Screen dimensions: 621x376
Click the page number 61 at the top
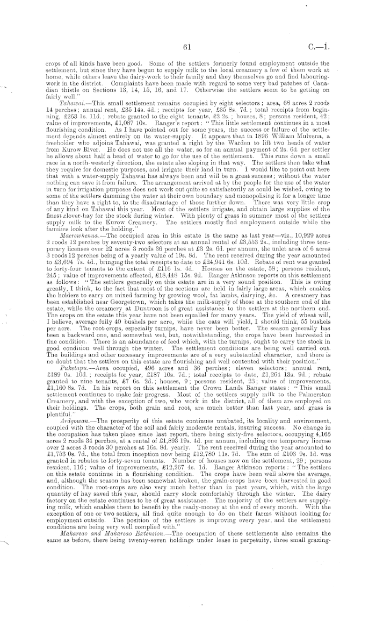click(x=187, y=47)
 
